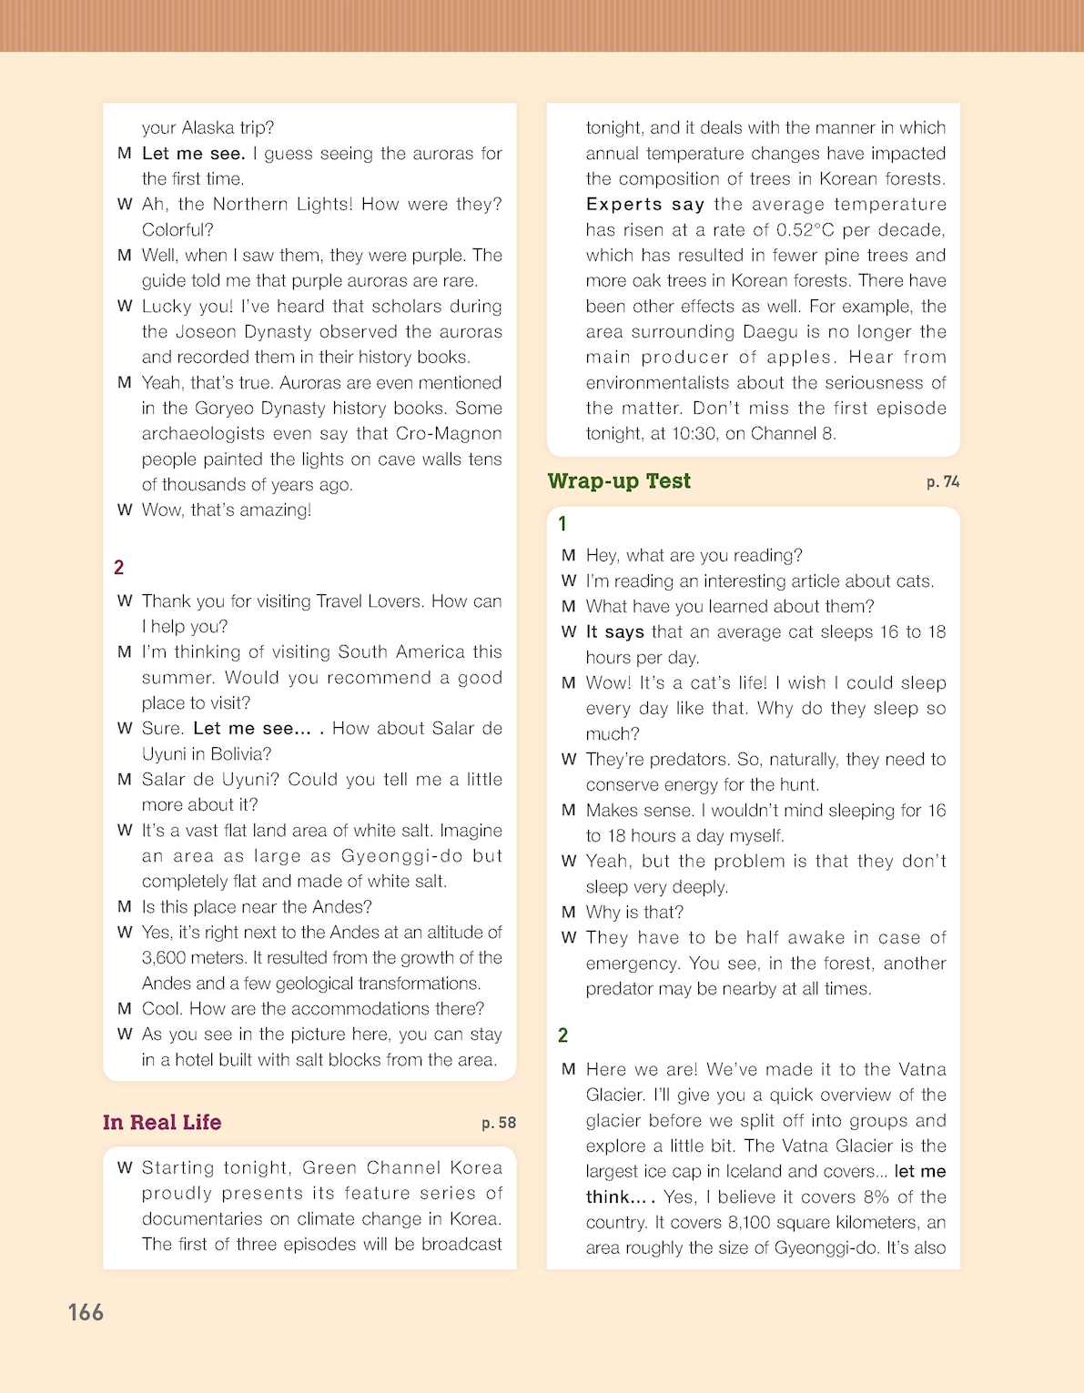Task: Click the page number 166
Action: [86, 1312]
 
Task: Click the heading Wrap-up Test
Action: [619, 481]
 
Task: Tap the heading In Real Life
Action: [162, 1123]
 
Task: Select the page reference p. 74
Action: [943, 482]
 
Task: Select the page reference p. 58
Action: [499, 1124]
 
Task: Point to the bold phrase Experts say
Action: [645, 205]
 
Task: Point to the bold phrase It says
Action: [614, 632]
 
